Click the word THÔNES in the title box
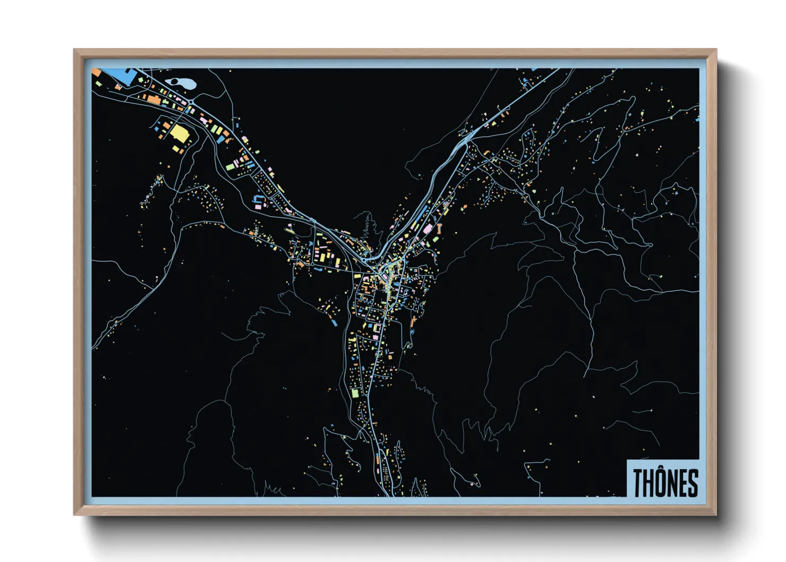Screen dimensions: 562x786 click(x=665, y=482)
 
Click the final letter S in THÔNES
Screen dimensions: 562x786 click(x=693, y=483)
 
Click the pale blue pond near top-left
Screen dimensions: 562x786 click(x=181, y=84)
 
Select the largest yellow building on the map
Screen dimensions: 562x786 click(x=179, y=133)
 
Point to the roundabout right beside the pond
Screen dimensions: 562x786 click(x=190, y=101)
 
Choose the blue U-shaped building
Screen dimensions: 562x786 click(x=259, y=200)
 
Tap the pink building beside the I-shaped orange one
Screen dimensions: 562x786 click(x=428, y=229)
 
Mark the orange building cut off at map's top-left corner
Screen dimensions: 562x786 click(x=96, y=71)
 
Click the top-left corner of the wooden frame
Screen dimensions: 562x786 click(x=75, y=50)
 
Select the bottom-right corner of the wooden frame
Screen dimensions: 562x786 click(x=716, y=514)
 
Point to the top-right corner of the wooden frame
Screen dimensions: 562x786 click(x=716, y=50)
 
